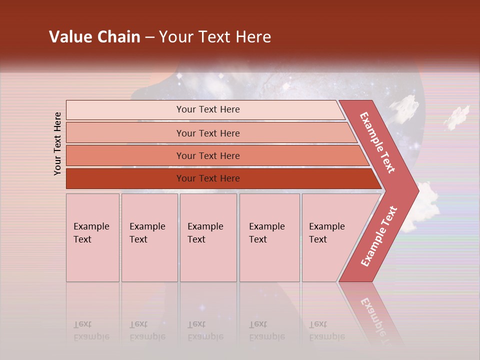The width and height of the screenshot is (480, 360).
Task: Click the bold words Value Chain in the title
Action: pos(94,37)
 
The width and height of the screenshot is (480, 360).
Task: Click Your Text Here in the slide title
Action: pos(215,37)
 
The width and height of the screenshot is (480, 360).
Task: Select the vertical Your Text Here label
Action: pos(57,143)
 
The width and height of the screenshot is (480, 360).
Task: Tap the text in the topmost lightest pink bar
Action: pos(208,109)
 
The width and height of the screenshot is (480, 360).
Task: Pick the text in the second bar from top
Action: pos(208,133)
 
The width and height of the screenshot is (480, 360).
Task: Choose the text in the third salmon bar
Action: pos(208,156)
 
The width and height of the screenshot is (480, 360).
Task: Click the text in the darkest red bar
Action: pos(208,178)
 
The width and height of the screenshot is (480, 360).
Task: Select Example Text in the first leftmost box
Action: pos(91,233)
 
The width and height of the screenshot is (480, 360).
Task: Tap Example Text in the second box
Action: pos(147,233)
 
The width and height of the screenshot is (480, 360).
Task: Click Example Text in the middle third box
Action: pos(205,233)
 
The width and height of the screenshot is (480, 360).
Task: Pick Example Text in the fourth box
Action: pos(266,233)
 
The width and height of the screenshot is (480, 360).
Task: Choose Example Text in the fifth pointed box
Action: pos(326,233)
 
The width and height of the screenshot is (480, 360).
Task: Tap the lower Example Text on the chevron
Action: pos(379,236)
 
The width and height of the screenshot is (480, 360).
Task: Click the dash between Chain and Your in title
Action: pos(149,37)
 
